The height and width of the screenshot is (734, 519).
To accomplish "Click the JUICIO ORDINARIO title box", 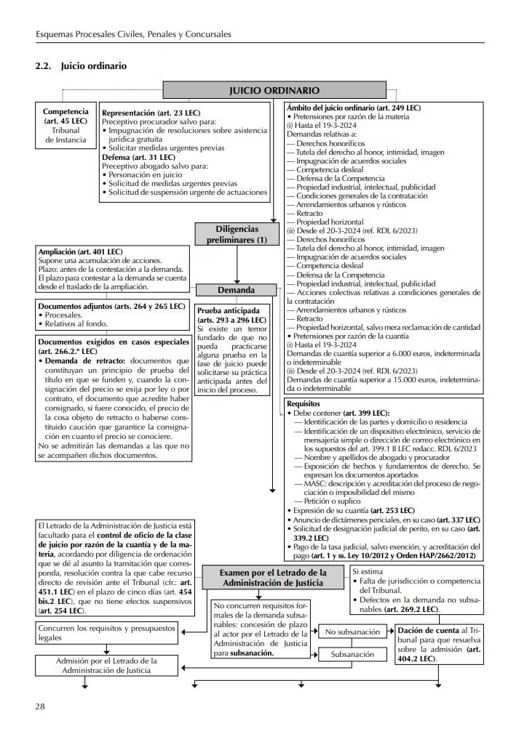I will [274, 91].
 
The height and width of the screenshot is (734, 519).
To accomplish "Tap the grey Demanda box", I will [236, 290].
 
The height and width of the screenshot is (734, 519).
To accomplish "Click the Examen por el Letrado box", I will [274, 578].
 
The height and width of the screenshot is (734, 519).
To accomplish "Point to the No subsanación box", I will [352, 632].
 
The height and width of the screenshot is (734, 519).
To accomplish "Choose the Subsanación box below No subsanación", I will [352, 654].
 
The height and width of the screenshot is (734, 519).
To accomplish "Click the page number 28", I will [41, 706].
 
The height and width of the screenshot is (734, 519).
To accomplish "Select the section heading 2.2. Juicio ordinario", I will [81, 66].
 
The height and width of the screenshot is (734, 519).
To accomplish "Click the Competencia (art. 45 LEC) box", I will [66, 124].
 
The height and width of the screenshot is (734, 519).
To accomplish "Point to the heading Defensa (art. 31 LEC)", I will [138, 157].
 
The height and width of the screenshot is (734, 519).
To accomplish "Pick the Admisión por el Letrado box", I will [106, 665].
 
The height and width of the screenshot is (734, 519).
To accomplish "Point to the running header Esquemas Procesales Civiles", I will [133, 34].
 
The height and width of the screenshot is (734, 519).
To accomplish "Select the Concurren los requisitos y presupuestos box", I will [108, 632].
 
